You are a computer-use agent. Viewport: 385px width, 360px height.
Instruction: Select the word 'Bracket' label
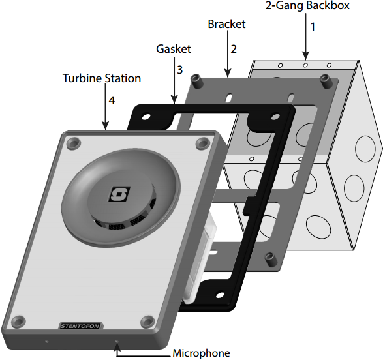(226, 24)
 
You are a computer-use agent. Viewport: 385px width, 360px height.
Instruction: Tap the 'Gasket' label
(174, 49)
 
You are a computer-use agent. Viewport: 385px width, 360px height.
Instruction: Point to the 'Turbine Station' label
(101, 78)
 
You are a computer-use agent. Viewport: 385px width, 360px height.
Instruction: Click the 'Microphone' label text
(201, 353)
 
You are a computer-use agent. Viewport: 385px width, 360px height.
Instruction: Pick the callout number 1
(312, 27)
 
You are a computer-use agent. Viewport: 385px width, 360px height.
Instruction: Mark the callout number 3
(180, 68)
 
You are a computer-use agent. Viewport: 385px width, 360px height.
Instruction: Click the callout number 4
(111, 102)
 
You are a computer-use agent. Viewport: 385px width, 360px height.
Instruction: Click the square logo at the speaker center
(120, 194)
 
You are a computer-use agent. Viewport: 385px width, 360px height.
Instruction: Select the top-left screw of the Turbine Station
(73, 142)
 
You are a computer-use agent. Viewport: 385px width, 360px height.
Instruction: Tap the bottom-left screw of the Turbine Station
(20, 320)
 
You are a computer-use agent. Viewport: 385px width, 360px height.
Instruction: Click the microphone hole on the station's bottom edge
(117, 341)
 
